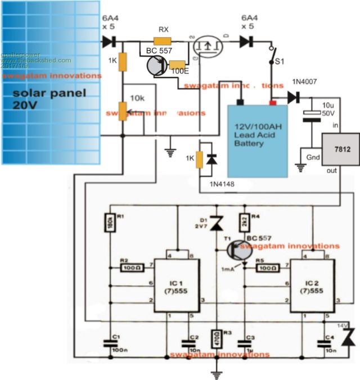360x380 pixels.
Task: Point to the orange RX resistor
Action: [162, 41]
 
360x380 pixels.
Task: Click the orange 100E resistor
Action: [178, 65]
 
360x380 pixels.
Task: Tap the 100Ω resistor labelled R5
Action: [269, 269]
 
